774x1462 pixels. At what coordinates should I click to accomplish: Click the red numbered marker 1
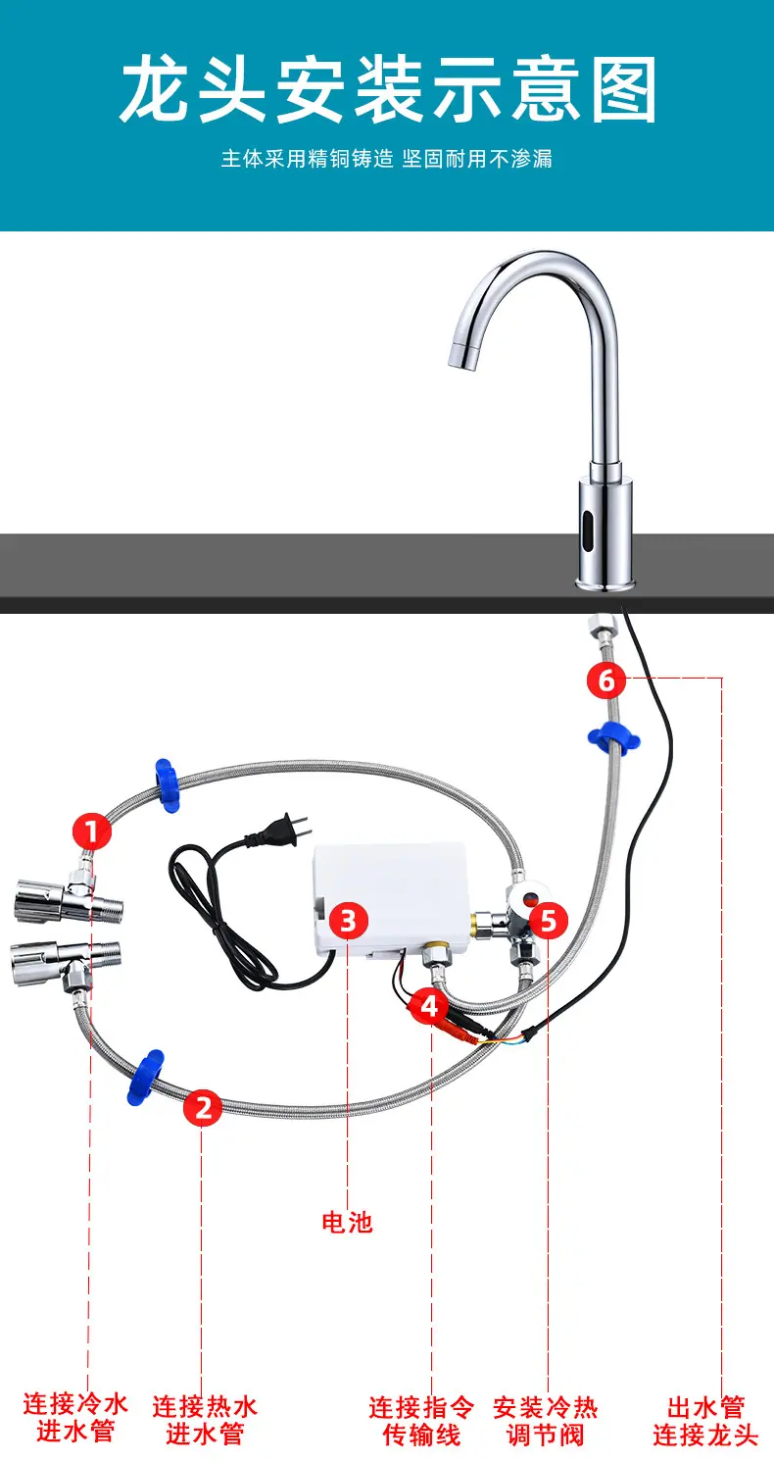point(92,831)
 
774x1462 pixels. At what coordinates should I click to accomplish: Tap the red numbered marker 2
point(202,1108)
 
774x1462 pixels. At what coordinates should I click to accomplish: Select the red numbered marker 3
point(348,921)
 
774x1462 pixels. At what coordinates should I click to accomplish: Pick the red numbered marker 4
point(429,1006)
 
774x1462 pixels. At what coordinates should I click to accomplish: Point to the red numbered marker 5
point(548,920)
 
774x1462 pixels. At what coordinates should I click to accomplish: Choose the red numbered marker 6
point(606,681)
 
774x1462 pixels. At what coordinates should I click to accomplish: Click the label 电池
point(347,1223)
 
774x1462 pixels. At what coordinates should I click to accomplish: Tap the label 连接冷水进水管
point(75,1418)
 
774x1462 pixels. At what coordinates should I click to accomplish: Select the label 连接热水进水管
point(205,1420)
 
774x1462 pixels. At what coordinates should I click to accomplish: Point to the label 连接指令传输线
point(421,1421)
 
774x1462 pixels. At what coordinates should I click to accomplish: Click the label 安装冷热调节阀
point(545,1421)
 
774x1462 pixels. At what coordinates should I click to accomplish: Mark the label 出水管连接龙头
point(705,1421)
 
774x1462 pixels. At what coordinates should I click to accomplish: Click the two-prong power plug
point(280,832)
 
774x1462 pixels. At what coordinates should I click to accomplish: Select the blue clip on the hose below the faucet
point(613,738)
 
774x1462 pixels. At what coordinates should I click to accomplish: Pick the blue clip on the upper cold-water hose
point(167,785)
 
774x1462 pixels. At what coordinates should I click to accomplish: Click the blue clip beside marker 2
point(145,1077)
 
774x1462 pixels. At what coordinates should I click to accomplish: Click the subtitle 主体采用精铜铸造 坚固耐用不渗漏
point(387,159)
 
